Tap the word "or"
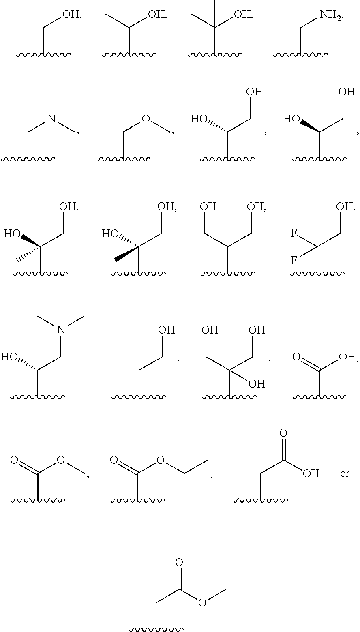(344, 473)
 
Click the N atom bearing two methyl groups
(61, 329)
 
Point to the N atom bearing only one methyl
(51, 119)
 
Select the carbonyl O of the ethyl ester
(114, 460)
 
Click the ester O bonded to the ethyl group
(161, 460)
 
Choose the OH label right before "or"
(311, 473)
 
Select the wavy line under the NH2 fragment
(300, 54)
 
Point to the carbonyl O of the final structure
(179, 563)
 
